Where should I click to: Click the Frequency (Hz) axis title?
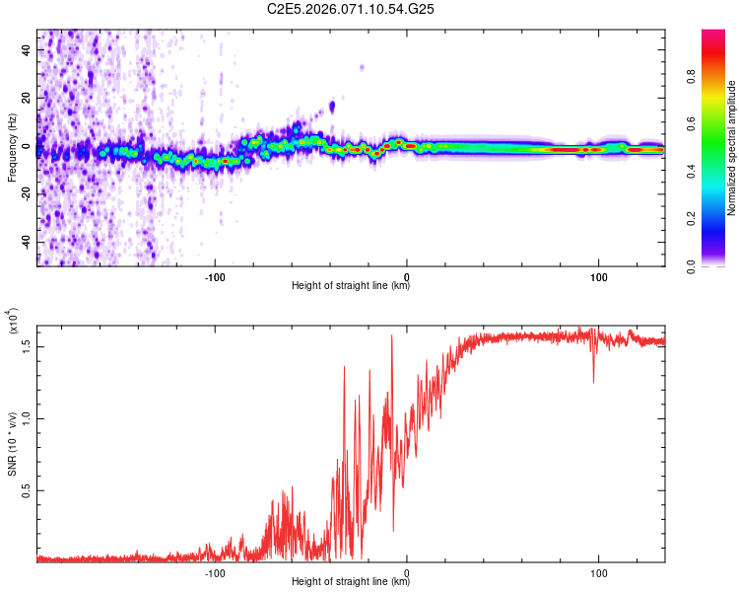[11, 148]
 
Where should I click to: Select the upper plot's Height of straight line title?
[351, 286]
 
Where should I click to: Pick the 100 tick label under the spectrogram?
[598, 276]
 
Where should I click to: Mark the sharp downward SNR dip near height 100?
[593, 381]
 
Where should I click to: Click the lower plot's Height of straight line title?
[351, 582]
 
